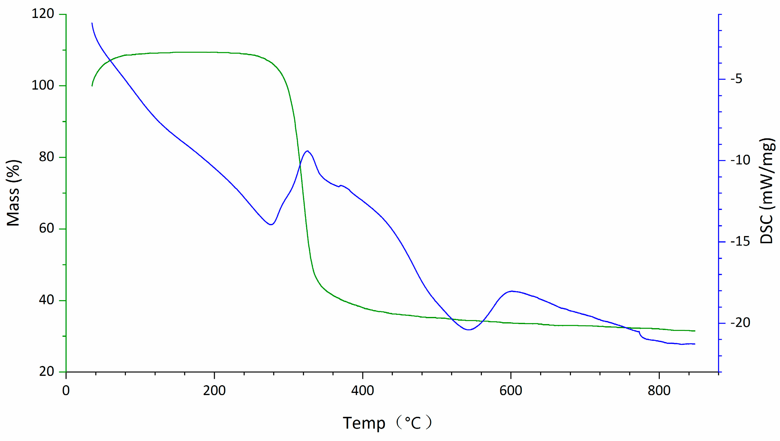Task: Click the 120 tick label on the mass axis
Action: (43, 14)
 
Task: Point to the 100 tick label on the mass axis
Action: (43, 85)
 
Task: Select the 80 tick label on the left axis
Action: (46, 157)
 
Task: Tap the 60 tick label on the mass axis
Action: (46, 228)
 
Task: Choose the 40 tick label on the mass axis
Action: (46, 300)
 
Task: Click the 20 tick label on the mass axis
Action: (46, 371)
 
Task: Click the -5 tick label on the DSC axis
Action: (736, 79)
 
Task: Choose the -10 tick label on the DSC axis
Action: (740, 160)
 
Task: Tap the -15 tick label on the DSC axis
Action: (740, 242)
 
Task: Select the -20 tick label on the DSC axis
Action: (740, 323)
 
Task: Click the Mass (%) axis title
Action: (13, 193)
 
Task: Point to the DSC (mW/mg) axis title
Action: (767, 191)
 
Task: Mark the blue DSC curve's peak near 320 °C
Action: (307, 151)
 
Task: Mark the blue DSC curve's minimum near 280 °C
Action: (271, 225)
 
